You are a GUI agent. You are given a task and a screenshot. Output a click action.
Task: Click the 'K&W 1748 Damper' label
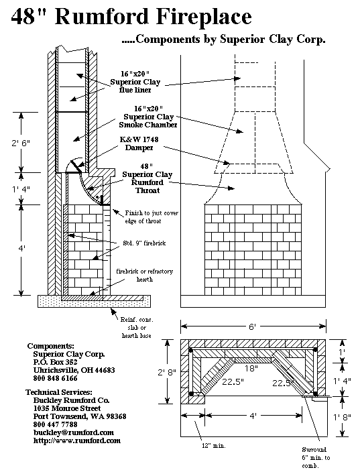click(137, 143)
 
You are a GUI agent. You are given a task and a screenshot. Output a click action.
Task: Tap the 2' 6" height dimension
click(21, 142)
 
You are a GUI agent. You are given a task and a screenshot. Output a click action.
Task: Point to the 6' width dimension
click(252, 326)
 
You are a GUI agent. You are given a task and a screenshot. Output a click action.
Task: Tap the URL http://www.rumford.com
click(77, 440)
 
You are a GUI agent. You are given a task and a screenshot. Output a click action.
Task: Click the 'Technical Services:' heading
click(60, 392)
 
